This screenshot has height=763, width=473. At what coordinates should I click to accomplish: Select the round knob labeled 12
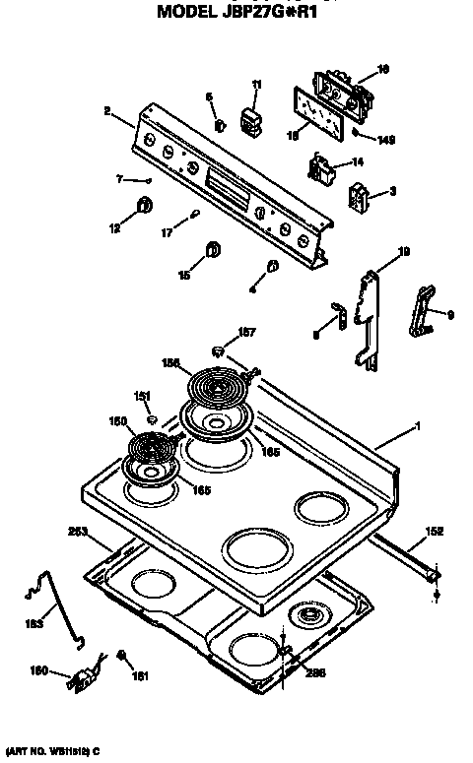pos(144,205)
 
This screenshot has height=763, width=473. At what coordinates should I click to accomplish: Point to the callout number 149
pos(386,141)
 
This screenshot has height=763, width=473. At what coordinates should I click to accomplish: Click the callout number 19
pos(403,252)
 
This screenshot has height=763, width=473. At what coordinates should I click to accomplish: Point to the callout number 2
pos(105,111)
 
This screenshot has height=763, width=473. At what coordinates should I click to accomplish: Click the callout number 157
pos(248,331)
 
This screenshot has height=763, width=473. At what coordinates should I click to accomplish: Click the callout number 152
pos(433,531)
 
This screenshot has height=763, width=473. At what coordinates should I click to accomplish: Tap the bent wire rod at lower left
pos(48,608)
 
